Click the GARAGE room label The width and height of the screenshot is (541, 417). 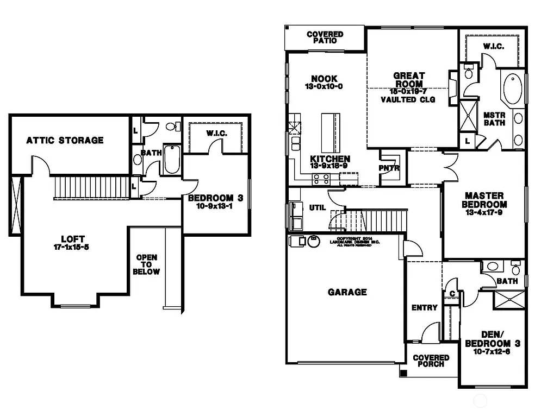tap(347, 292)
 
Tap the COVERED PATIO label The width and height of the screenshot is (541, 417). tap(325, 37)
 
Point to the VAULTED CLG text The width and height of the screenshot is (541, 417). tap(408, 100)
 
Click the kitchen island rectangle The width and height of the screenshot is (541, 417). tap(330, 133)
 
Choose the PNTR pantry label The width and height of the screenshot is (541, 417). tap(389, 168)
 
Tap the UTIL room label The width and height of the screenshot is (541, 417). tap(317, 207)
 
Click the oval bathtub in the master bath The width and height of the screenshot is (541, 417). tap(512, 90)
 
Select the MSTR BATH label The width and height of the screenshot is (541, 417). tap(494, 118)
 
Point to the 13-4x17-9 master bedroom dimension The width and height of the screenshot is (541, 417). tap(484, 213)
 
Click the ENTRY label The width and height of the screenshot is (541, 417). tap(425, 307)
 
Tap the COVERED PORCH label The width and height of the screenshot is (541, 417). tap(431, 361)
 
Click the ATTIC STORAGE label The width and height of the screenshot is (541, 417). tap(65, 141)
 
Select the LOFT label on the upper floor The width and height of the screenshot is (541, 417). tap(73, 239)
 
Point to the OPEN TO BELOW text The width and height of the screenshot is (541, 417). tap(147, 264)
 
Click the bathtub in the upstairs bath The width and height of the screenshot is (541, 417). tap(172, 159)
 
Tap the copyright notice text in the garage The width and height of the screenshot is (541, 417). tap(354, 241)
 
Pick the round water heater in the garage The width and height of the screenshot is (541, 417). tap(313, 241)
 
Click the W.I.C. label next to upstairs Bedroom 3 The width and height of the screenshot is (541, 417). tap(216, 134)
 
